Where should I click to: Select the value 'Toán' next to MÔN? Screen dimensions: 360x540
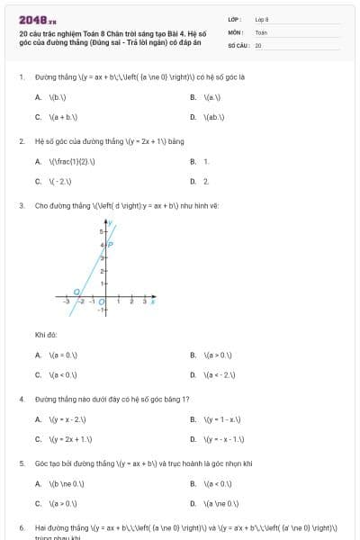point(261,31)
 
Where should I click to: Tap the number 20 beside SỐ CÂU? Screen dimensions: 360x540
point(258,44)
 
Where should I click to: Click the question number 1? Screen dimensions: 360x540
point(21,78)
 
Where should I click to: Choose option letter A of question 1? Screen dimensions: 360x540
point(38,97)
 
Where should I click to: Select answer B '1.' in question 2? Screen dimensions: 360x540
point(206,161)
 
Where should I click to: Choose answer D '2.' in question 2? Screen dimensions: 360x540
point(206,181)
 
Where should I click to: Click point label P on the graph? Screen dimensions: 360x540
point(111,243)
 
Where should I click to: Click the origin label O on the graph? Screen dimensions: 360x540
point(101,301)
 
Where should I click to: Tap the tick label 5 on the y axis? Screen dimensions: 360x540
point(101,232)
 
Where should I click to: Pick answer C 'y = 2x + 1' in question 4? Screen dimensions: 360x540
point(72,439)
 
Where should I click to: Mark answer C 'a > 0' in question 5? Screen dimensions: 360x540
point(63,503)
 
